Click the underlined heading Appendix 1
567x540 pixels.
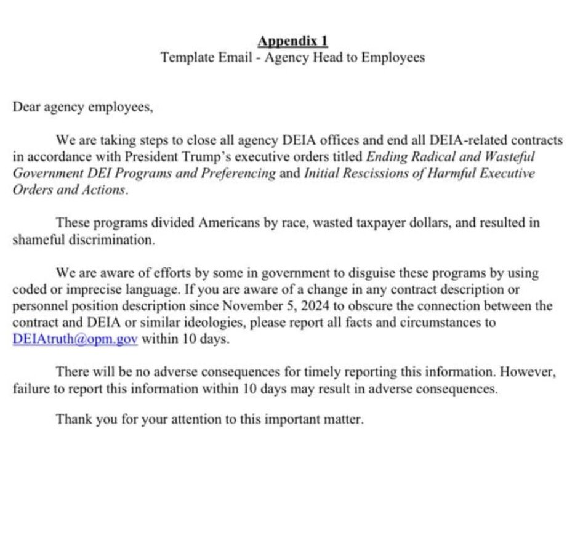292,41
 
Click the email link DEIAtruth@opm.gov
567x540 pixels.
74,339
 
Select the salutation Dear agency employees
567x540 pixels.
82,107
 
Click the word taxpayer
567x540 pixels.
375,223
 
